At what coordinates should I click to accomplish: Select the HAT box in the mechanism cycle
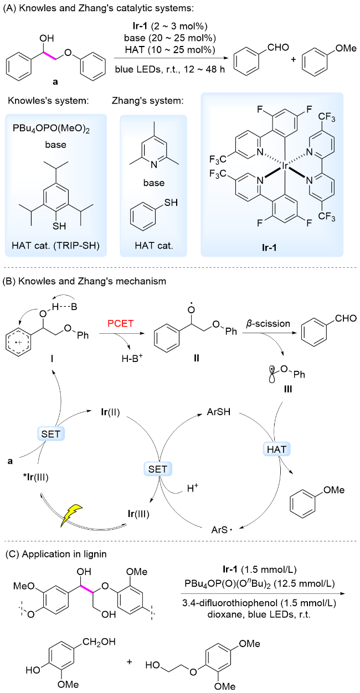[x=276, y=449]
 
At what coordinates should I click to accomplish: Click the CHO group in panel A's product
[x=278, y=48]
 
